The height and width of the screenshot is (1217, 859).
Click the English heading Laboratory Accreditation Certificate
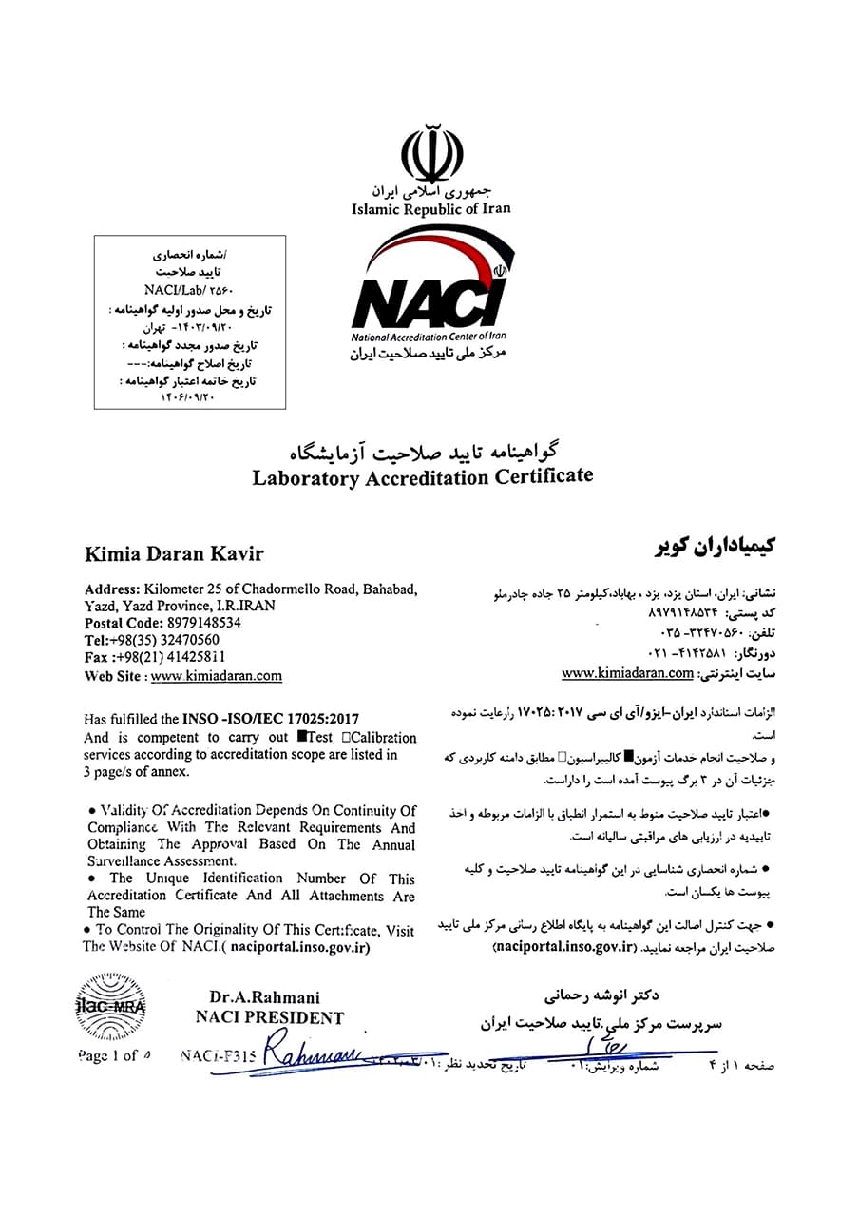[422, 476]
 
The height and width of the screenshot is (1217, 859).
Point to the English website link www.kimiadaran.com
[216, 676]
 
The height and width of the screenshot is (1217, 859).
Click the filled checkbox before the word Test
[301, 737]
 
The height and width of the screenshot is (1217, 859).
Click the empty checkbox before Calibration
[347, 737]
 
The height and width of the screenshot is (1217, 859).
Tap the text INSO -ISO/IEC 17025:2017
[271, 720]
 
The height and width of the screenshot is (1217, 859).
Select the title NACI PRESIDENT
[269, 1017]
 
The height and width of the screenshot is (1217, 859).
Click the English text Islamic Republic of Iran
[430, 209]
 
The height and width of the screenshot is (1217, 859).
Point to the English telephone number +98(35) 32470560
[165, 640]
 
